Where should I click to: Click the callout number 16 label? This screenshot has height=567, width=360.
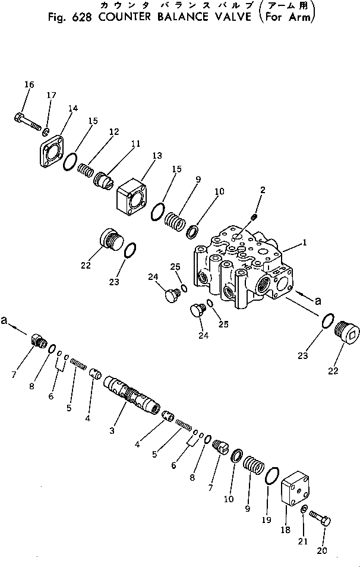tap(29, 85)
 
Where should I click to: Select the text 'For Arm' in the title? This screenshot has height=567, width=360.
tap(292, 17)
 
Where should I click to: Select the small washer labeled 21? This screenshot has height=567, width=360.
tap(304, 509)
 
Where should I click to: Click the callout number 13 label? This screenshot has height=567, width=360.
tap(157, 156)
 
